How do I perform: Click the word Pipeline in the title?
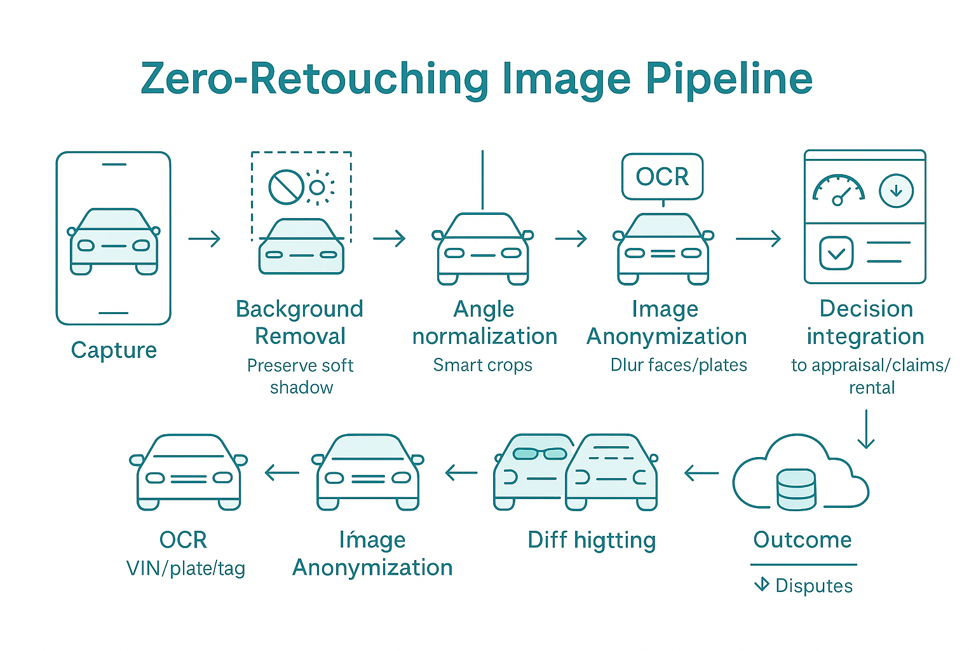729,80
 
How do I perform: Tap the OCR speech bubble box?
662,177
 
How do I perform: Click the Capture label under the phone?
114,350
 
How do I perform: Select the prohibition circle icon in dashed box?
286,186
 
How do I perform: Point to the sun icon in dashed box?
318,187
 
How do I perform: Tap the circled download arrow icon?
896,191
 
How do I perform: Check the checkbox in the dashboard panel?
836,253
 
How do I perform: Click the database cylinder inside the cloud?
796,489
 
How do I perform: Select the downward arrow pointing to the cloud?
866,429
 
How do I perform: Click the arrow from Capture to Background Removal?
205,239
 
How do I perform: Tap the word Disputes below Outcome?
814,586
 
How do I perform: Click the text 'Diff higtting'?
592,540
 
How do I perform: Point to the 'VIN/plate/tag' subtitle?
186,568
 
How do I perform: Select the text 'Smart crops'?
483,365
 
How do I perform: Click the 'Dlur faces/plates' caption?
679,365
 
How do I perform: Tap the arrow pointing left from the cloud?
701,473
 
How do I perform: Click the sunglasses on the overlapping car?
539,454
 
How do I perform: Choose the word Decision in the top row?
866,309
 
